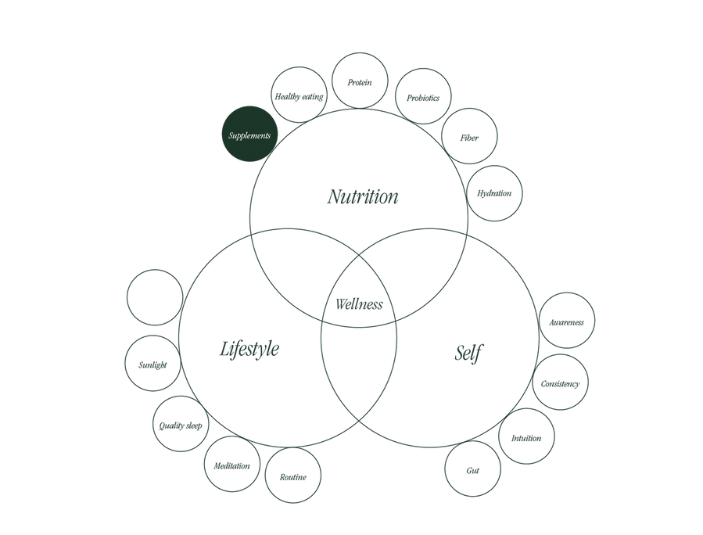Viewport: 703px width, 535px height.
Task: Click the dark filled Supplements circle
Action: coord(249,134)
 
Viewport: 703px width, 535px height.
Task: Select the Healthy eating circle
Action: coord(299,95)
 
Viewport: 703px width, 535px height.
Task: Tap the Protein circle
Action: coord(360,81)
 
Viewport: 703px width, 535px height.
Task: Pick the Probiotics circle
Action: coord(423,96)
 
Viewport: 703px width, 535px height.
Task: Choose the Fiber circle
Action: coord(469,136)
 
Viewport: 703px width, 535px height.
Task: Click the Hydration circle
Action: coord(494,193)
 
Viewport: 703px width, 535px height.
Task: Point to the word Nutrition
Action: coord(362,197)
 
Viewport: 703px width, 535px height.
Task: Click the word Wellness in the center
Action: coord(359,304)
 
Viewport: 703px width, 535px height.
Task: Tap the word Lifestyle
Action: coord(249,349)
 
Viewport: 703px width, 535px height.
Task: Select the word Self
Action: coord(469,353)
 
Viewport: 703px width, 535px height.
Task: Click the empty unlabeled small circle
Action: coord(155,297)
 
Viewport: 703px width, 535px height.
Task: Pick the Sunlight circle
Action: coord(153,363)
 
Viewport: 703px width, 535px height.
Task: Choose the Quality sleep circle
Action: coord(181,424)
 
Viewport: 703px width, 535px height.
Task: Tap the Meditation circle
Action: coord(231,464)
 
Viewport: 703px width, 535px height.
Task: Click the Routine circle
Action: coord(292,476)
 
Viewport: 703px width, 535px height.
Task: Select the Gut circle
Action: coord(472,469)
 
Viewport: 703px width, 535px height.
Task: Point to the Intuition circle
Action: coord(526,436)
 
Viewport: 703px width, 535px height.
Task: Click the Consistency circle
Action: coord(560,382)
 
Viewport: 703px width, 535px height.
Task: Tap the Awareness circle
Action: coord(567,320)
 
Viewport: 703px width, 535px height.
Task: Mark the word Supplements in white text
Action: coord(249,135)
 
